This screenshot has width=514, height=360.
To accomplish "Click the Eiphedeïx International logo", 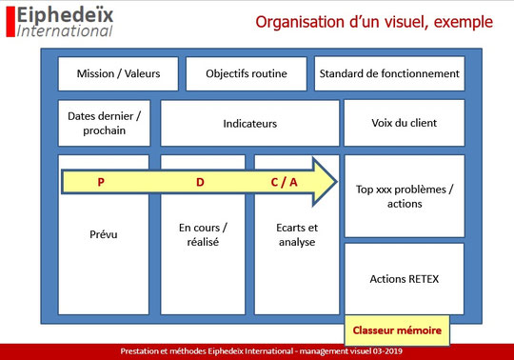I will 64,21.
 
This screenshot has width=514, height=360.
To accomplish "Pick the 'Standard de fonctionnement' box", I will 388,73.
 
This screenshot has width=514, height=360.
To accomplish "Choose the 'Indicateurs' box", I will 249,123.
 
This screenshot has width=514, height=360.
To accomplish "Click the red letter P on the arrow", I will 101,181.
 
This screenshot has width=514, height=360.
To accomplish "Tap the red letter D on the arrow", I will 200,181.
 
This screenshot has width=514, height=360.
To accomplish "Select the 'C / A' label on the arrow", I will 286,181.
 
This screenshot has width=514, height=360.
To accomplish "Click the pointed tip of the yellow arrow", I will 335,181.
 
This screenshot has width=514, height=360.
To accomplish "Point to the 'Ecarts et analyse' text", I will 296,235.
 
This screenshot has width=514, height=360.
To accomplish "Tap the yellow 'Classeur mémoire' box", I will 397,330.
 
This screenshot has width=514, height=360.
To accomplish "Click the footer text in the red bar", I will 257,351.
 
